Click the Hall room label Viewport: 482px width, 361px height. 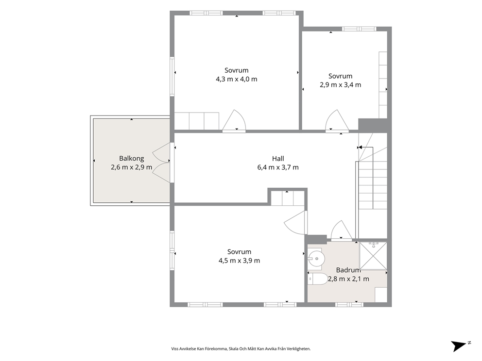tap(278, 159)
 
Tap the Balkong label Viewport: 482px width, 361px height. tap(132, 159)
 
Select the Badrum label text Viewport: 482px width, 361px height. tap(348, 270)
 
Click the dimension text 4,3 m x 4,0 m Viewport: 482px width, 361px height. tap(237, 79)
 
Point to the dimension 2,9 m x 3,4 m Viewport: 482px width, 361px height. tap(340, 85)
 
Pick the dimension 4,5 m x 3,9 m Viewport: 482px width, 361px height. tap(239, 261)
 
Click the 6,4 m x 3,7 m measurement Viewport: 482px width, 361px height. tap(278, 167)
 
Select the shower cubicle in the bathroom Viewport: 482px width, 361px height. tap(373, 256)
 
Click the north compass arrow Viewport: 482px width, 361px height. tap(460, 345)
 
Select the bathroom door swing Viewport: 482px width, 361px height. tap(341, 230)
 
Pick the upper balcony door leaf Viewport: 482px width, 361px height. tap(161, 152)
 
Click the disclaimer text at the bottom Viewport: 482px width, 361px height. tap(241, 349)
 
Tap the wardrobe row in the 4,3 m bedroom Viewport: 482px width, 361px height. tap(197, 121)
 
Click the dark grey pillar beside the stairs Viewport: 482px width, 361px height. tap(373, 125)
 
